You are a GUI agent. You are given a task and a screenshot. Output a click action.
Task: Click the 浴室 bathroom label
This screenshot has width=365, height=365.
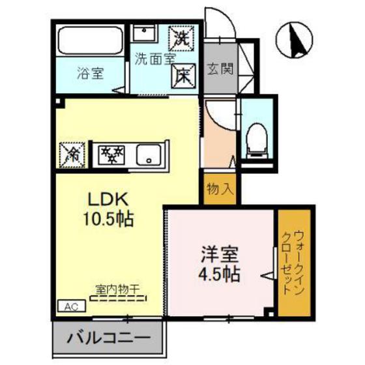90,74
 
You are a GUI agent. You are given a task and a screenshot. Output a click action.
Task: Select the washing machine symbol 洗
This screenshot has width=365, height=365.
180,37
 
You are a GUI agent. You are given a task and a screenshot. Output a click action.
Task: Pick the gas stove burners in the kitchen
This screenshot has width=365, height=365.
111,155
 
